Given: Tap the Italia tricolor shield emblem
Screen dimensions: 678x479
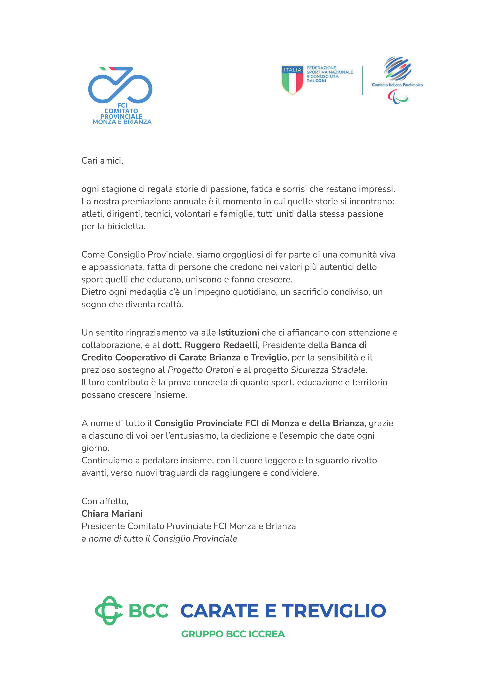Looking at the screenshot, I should pos(292,80).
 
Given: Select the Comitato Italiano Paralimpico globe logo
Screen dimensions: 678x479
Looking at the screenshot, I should pos(397,69).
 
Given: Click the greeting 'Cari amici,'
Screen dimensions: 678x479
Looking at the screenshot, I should pos(102,161).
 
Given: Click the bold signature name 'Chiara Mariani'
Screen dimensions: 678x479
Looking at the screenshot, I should pos(112,514).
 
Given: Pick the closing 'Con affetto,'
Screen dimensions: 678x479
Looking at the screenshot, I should pos(105,501).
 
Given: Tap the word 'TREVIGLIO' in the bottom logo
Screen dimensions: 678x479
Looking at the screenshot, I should pos(333,611).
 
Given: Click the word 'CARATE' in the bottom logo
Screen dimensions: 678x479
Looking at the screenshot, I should pos(220,611).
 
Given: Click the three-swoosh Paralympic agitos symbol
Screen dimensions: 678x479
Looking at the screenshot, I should pos(397,97).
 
